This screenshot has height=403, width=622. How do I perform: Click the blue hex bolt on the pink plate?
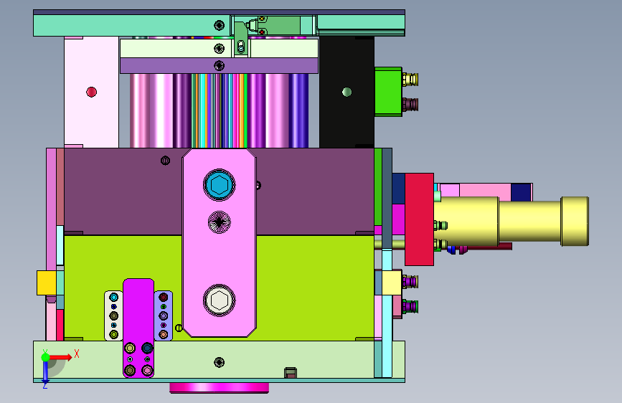(x=219, y=185)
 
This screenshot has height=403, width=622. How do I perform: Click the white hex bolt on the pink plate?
(x=219, y=300)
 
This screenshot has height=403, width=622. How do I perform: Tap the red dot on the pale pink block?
(x=91, y=92)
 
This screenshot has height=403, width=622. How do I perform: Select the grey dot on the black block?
(x=347, y=92)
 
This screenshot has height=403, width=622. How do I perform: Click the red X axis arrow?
(x=60, y=357)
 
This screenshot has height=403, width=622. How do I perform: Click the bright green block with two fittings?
(x=388, y=92)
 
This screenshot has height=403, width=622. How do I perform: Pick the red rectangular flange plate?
(x=419, y=219)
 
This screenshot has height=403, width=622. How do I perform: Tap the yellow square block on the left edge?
(x=47, y=283)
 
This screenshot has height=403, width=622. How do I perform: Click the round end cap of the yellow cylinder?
(x=575, y=222)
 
